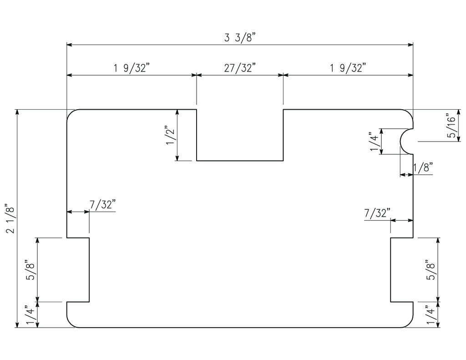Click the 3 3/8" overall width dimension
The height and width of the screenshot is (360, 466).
[240, 37]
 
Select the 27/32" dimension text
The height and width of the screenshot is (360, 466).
[240, 68]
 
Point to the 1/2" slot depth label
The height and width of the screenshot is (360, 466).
[171, 135]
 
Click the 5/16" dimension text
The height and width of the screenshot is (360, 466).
[451, 126]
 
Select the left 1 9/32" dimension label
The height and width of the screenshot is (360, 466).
[132, 68]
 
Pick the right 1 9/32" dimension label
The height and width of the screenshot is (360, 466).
[348, 68]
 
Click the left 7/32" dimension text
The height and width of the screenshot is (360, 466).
[102, 204]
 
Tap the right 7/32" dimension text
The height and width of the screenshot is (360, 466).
[378, 213]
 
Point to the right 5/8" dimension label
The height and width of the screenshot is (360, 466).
[431, 269]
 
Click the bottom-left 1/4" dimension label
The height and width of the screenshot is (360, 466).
[30, 315]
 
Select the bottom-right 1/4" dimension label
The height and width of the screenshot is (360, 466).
[431, 315]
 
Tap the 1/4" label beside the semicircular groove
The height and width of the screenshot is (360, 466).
[374, 142]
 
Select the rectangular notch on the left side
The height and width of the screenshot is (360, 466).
[78, 269]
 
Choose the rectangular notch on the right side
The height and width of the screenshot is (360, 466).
[402, 269]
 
